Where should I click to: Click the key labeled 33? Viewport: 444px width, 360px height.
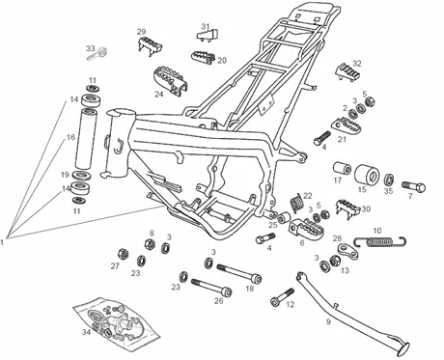pyautogui.click(x=97, y=54)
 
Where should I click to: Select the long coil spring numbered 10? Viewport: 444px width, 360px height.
pyautogui.click(x=380, y=241)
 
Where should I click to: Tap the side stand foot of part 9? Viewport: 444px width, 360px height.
pyautogui.click(x=403, y=348)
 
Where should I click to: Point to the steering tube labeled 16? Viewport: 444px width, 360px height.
pyautogui.click(x=86, y=139)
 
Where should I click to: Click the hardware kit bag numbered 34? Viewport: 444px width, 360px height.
pyautogui.click(x=117, y=324)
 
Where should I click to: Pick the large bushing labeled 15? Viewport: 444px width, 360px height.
pyautogui.click(x=367, y=174)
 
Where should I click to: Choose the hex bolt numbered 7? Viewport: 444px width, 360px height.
pyautogui.click(x=414, y=186)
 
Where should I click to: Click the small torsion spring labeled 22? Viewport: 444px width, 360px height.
pyautogui.click(x=296, y=203)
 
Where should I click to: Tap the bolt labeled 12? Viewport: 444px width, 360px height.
pyautogui.click(x=282, y=297)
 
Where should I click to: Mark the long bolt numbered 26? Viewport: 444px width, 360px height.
pyautogui.click(x=211, y=287)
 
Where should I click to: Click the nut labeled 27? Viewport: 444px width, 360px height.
pyautogui.click(x=123, y=254)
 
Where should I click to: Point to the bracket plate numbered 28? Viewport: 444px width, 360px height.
pyautogui.click(x=347, y=251)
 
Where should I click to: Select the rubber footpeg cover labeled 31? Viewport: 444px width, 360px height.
pyautogui.click(x=208, y=35)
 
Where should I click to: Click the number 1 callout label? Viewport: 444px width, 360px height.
pyautogui.click(x=2, y=242)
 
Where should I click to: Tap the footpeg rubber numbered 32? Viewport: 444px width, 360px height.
pyautogui.click(x=348, y=72)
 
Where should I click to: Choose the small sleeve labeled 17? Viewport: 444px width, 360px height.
pyautogui.click(x=342, y=168)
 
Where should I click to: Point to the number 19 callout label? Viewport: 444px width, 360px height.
pyautogui.click(x=66, y=175)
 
